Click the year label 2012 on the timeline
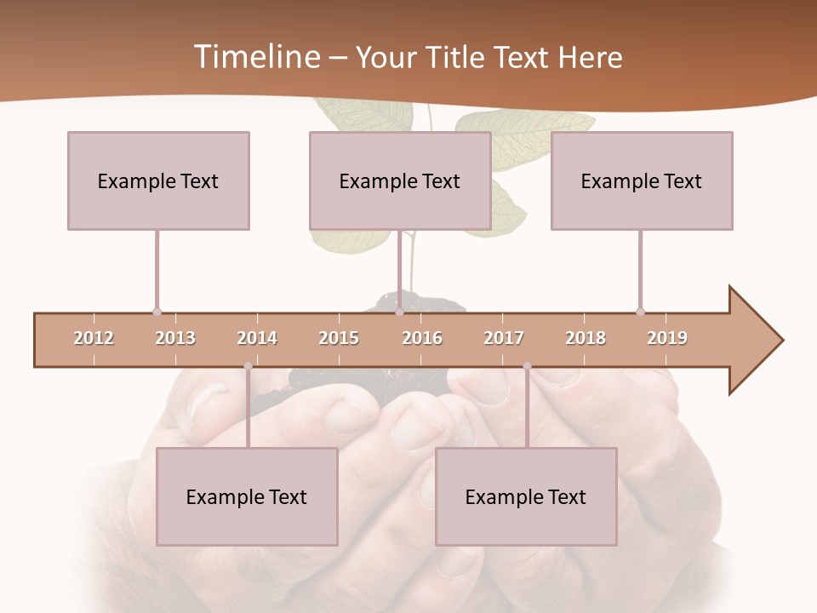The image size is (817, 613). click(94, 338)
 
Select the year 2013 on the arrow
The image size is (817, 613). click(175, 338)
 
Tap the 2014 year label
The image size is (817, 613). click(257, 338)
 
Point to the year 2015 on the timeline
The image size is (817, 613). click(339, 338)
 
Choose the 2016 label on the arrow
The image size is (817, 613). click(422, 338)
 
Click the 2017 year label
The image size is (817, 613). click(504, 338)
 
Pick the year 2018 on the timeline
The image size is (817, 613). click(586, 338)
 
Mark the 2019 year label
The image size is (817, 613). click(667, 338)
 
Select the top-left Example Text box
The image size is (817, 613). click(158, 180)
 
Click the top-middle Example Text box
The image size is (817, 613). click(400, 180)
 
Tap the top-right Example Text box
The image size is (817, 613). click(642, 180)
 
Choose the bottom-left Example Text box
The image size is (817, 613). click(247, 497)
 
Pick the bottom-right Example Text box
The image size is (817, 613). click(526, 497)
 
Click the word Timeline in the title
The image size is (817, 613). click(255, 57)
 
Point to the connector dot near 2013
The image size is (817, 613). click(157, 312)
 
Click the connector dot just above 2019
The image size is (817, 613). click(640, 312)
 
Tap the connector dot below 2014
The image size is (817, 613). click(248, 366)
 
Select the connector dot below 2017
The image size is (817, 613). click(527, 366)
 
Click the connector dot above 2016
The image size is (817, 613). click(399, 312)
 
